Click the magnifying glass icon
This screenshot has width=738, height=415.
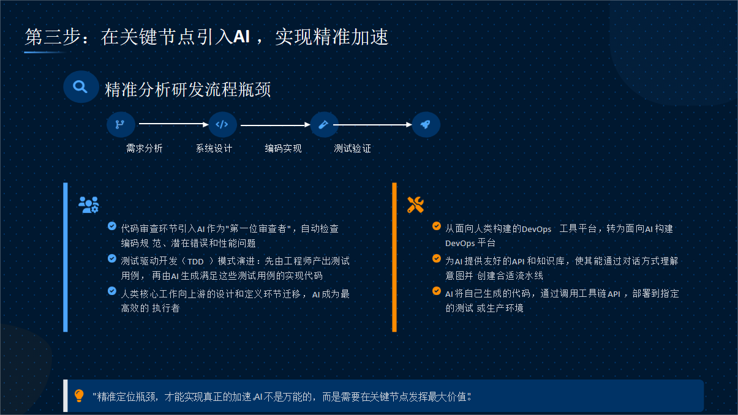coord(80,87)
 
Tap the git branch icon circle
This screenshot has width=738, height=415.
coord(121,124)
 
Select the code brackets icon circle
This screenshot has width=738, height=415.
coord(222,124)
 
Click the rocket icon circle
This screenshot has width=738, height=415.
coord(426,124)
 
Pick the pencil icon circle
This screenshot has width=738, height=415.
coord(324,124)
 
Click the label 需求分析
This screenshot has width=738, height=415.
coord(145,149)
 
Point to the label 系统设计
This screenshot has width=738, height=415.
coord(214,149)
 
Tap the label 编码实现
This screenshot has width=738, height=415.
coord(284,149)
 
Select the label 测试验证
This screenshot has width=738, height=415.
coord(353,149)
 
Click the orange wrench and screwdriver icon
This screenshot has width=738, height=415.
coord(415,205)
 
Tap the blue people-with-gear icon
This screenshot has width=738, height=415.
coord(89,205)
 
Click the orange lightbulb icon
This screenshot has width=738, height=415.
coord(79,395)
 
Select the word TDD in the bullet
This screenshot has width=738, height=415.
coord(196,262)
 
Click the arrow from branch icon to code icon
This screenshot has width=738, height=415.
coord(173,124)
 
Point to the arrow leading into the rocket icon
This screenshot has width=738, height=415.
coord(372,124)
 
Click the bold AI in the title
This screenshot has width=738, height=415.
coord(241,36)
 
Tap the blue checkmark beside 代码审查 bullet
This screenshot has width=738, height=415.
coord(112,226)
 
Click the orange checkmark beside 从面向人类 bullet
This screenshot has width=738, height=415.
coord(437,226)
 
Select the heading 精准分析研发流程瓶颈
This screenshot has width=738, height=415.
coord(188,89)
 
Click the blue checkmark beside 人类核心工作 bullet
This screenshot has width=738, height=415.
coord(112,291)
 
